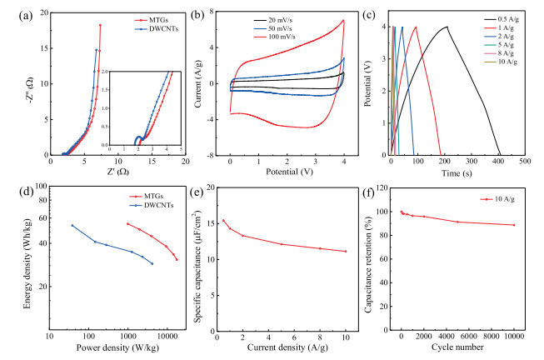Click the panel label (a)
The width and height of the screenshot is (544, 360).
click(x=13, y=13)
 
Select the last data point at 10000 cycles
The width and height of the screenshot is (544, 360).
click(x=514, y=225)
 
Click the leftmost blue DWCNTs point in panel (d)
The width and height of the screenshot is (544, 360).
click(x=72, y=225)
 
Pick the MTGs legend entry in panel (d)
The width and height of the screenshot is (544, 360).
click(x=147, y=194)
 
